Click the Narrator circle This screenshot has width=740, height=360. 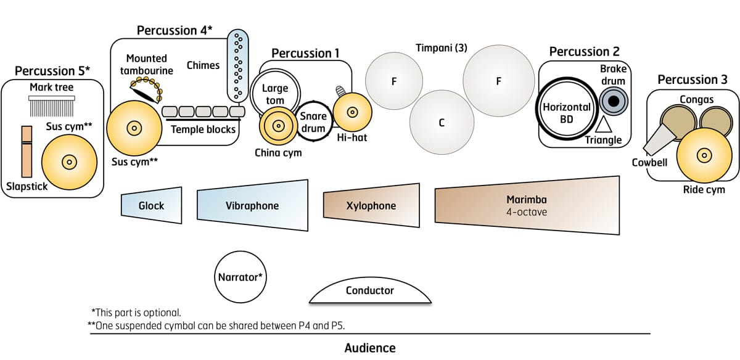click(x=240, y=277)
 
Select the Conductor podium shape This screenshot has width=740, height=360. click(x=370, y=292)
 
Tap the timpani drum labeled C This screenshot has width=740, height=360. click(x=442, y=123)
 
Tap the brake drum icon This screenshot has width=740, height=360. click(x=614, y=101)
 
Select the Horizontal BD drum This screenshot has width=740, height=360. click(x=567, y=112)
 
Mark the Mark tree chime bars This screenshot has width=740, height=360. click(x=52, y=107)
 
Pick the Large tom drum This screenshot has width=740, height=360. click(x=274, y=95)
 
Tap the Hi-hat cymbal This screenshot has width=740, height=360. click(x=352, y=112)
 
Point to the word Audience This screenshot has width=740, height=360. click(x=370, y=348)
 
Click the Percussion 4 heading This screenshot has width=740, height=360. click(x=175, y=30)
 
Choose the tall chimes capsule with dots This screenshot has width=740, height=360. click(x=236, y=65)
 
